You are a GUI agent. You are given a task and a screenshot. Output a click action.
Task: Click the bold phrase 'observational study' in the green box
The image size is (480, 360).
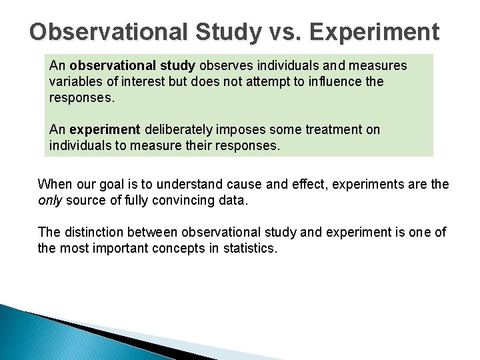click(x=132, y=66)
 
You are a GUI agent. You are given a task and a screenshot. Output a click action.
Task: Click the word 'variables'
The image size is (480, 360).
click(x=74, y=81)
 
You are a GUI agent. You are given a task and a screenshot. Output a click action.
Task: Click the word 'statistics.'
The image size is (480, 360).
click(x=251, y=248)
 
